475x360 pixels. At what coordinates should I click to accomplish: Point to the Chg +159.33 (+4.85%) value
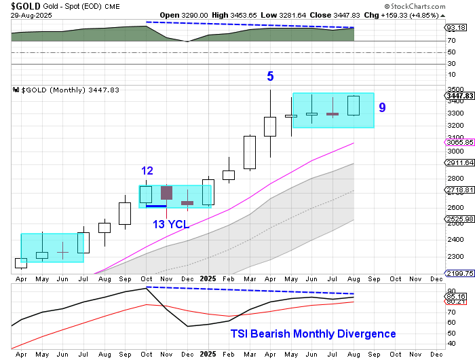click(417, 14)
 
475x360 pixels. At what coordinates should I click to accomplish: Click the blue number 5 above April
click(270, 77)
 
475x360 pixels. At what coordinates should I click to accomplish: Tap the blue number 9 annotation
click(383, 107)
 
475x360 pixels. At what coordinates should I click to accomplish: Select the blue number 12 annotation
click(147, 170)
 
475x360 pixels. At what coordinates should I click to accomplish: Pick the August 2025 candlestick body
click(353, 105)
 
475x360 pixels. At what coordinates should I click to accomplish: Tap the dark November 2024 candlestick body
click(166, 192)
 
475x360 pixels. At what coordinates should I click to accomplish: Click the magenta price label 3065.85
click(459, 142)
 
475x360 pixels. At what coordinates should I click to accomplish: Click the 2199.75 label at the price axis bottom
click(459, 272)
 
